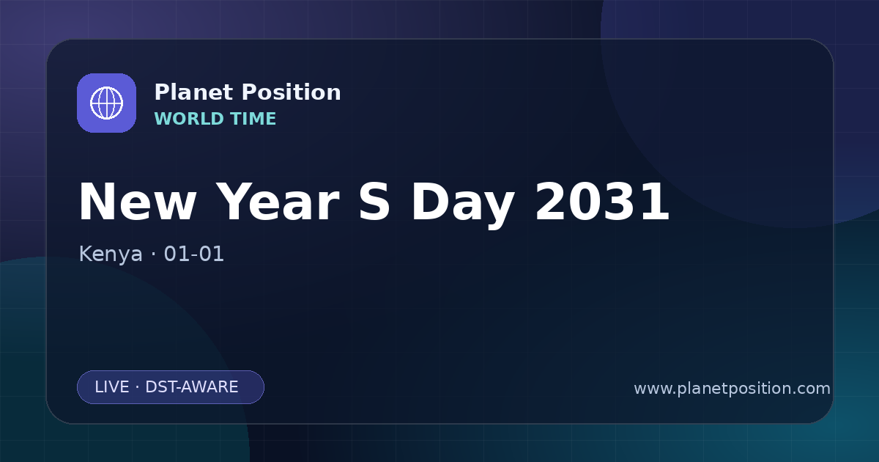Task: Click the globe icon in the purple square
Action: click(106, 103)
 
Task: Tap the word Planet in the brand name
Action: click(194, 92)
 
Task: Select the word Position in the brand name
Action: click(292, 92)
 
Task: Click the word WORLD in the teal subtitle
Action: click(189, 119)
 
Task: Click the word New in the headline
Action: click(138, 202)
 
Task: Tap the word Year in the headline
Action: click(278, 202)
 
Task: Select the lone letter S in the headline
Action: click(374, 202)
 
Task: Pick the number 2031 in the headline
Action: click(602, 202)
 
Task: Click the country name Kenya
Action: click(111, 254)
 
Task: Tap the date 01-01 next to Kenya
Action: click(194, 254)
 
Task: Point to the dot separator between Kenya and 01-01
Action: click(153, 254)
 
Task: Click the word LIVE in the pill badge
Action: click(112, 387)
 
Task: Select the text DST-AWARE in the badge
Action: click(192, 387)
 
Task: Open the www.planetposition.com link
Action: click(732, 389)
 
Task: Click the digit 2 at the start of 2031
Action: click(551, 202)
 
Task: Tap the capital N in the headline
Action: click(97, 202)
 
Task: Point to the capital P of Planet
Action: click(162, 92)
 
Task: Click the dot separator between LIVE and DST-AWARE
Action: click(138, 387)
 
